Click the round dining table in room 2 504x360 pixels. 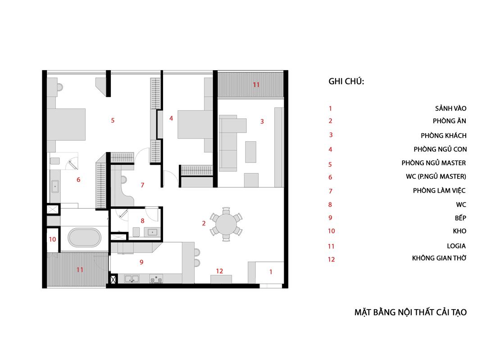226,224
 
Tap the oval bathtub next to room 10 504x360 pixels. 85,238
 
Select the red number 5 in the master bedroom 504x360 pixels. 113,121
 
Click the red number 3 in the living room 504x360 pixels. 262,121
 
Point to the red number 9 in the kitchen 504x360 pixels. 141,262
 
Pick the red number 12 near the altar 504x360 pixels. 219,271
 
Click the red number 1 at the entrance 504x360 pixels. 271,272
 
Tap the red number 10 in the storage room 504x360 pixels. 52,239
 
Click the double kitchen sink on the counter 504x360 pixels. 132,279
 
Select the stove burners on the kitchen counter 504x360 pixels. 156,279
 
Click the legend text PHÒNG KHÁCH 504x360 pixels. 444,135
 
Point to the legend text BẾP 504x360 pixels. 460,218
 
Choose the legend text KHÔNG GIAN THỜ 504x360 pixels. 439,258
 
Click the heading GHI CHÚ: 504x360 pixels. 346,81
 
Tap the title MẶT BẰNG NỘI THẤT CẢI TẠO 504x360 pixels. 410,312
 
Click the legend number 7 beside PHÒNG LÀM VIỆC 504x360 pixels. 331,191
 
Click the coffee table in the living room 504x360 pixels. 251,152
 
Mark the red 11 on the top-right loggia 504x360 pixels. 256,85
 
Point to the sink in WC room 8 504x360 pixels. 152,232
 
